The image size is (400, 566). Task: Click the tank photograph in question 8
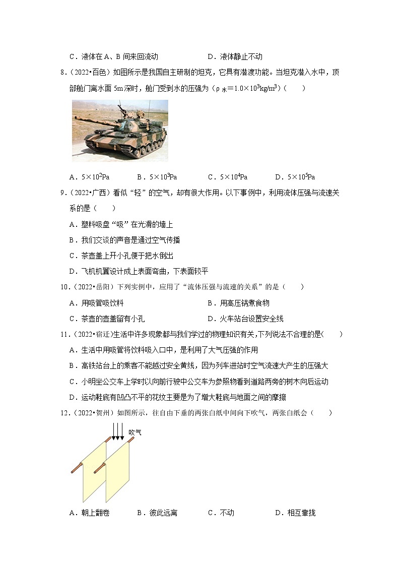[120, 131]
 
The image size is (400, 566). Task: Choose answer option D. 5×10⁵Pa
[295, 177]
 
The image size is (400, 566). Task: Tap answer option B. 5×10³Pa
[157, 177]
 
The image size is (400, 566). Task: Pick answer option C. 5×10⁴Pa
[227, 177]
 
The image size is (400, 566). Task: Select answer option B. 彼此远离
[157, 513]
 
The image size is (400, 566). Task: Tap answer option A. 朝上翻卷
[89, 513]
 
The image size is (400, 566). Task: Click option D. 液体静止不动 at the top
[235, 56]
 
